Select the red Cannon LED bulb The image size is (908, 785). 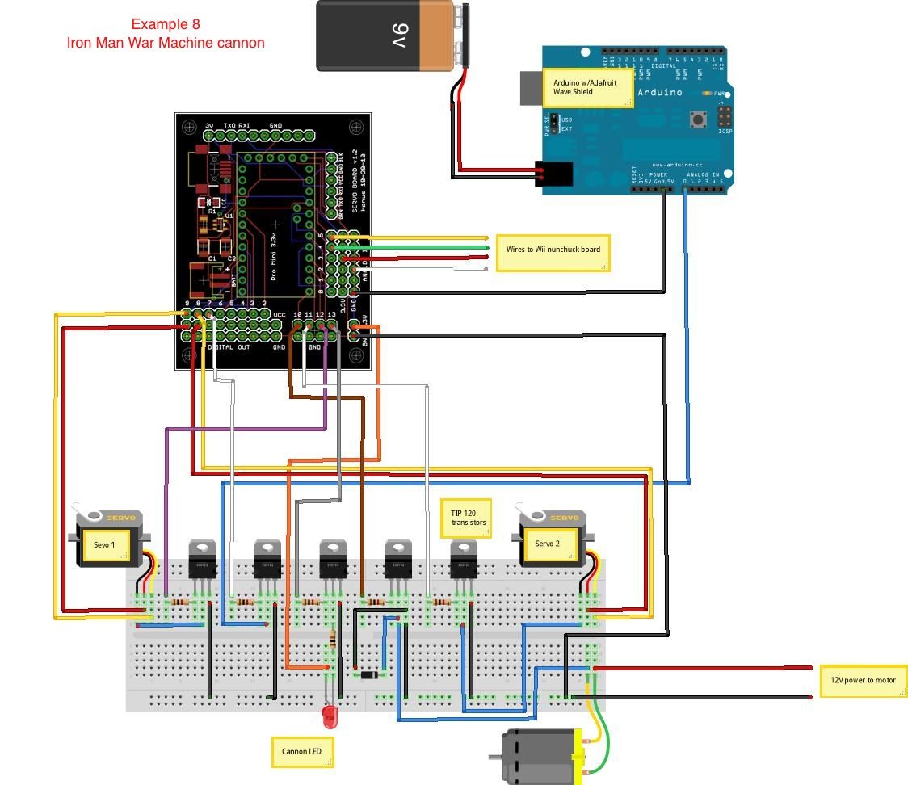pyautogui.click(x=329, y=715)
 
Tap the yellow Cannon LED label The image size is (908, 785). pyautogui.click(x=302, y=752)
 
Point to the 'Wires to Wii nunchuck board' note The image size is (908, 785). pyautogui.click(x=553, y=250)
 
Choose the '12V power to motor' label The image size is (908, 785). pyautogui.click(x=863, y=680)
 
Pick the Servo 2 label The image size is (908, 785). pyautogui.click(x=546, y=544)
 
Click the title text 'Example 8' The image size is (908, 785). pyautogui.click(x=166, y=24)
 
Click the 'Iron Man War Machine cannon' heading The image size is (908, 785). pyautogui.click(x=166, y=43)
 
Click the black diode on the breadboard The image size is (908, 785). pyautogui.click(x=369, y=674)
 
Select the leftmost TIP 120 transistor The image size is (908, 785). pyautogui.click(x=202, y=559)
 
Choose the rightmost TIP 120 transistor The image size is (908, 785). pyautogui.click(x=463, y=559)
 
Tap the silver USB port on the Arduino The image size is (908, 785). pyautogui.click(x=531, y=88)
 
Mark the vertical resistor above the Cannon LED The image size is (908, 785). pyautogui.click(x=333, y=640)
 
